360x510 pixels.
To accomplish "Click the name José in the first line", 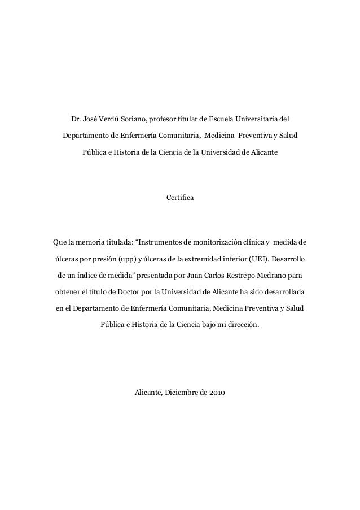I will tap(90, 120).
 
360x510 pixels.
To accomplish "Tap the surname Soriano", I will tap(133, 120).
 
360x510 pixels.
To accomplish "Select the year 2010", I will tap(214, 392).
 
